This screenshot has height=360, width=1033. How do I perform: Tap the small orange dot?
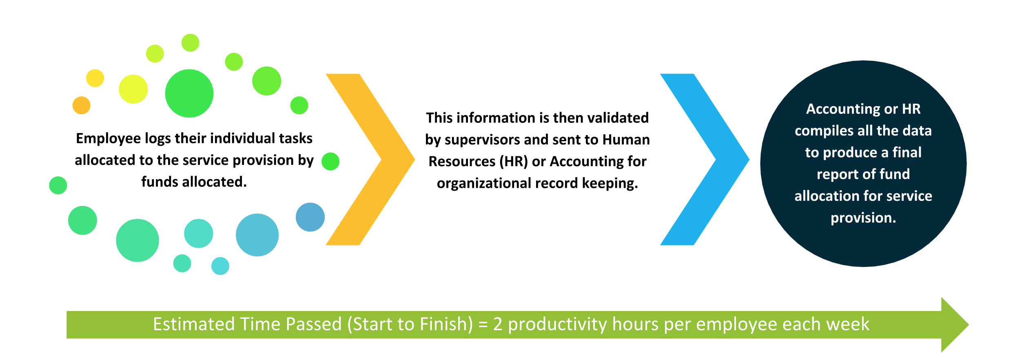(82, 105)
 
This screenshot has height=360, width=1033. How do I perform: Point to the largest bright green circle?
(189, 93)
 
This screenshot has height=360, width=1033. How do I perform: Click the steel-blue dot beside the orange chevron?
(310, 217)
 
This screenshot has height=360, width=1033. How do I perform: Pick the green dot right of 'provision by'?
(330, 161)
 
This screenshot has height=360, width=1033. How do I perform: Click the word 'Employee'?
(109, 139)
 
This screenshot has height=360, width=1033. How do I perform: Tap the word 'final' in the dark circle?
(907, 152)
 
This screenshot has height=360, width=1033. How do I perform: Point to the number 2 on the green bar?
(497, 324)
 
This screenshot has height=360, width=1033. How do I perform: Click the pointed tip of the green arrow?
(969, 325)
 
